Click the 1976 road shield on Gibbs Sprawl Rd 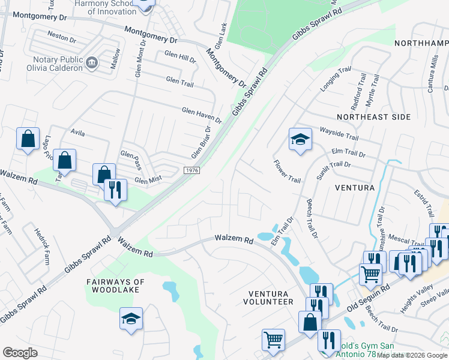[x=191, y=172]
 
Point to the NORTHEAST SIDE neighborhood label [x=373, y=117]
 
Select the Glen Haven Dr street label [x=202, y=114]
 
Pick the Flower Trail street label [x=287, y=172]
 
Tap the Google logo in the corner [x=20, y=352]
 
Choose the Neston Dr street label [x=62, y=38]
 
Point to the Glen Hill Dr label [x=180, y=60]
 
